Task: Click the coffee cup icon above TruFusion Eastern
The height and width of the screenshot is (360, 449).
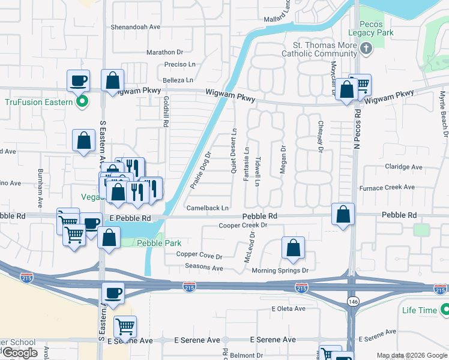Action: click(79, 80)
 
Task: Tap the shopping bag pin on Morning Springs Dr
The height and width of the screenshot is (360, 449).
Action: click(293, 248)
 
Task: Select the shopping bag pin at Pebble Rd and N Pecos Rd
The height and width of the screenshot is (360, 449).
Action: click(342, 214)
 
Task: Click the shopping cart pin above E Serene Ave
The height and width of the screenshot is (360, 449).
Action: click(125, 327)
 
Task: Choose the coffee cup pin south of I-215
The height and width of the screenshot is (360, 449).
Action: click(113, 293)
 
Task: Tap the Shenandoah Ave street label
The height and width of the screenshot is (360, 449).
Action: click(136, 27)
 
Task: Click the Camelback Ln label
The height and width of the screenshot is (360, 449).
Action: click(208, 208)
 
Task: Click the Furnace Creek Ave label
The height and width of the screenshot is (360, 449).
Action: click(387, 187)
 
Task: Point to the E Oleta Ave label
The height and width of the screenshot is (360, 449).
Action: click(288, 308)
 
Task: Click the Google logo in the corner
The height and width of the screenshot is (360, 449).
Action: click(20, 353)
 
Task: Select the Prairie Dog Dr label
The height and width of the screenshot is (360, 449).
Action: click(200, 170)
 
